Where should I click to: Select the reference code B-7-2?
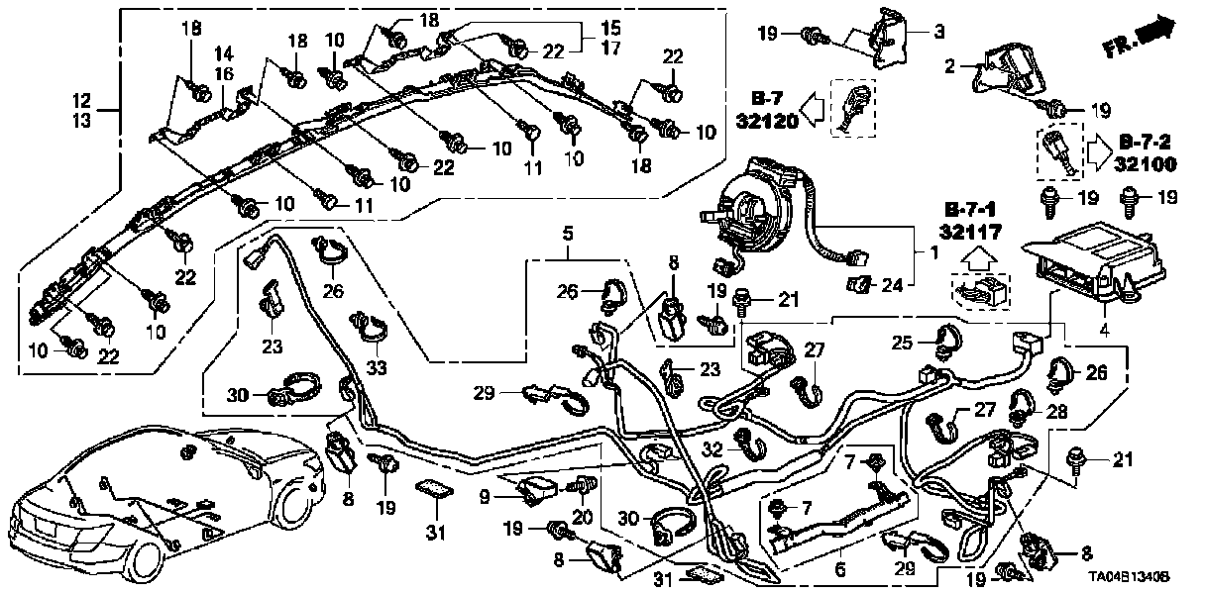(1150, 142)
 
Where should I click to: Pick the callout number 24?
(892, 286)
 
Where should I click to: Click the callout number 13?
(81, 121)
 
